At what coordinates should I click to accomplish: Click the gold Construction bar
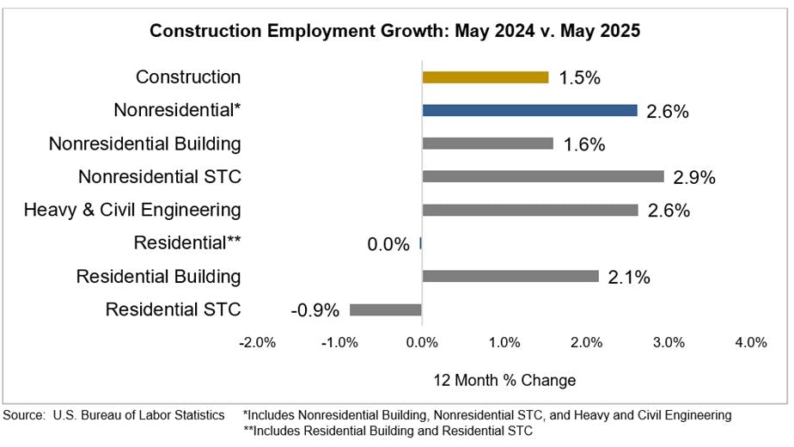click(x=486, y=77)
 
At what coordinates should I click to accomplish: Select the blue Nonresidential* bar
click(x=529, y=110)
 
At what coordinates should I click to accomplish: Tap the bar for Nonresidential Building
click(x=488, y=144)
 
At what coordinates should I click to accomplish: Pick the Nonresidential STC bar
click(x=543, y=176)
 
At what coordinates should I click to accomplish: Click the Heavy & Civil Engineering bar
click(x=530, y=210)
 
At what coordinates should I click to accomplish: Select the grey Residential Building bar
click(x=510, y=276)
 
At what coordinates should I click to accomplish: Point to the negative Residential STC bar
click(x=386, y=309)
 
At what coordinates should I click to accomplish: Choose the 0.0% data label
click(x=388, y=244)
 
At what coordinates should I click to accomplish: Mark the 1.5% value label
click(x=579, y=78)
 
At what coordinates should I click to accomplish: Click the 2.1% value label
click(x=629, y=277)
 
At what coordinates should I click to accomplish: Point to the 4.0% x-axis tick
click(x=750, y=342)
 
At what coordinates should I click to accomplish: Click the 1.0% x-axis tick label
click(x=504, y=342)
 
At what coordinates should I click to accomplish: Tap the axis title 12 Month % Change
click(x=504, y=380)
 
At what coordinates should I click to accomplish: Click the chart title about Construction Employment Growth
click(x=395, y=31)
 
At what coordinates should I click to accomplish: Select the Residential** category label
click(x=187, y=243)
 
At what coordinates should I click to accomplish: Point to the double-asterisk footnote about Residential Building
click(x=388, y=431)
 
